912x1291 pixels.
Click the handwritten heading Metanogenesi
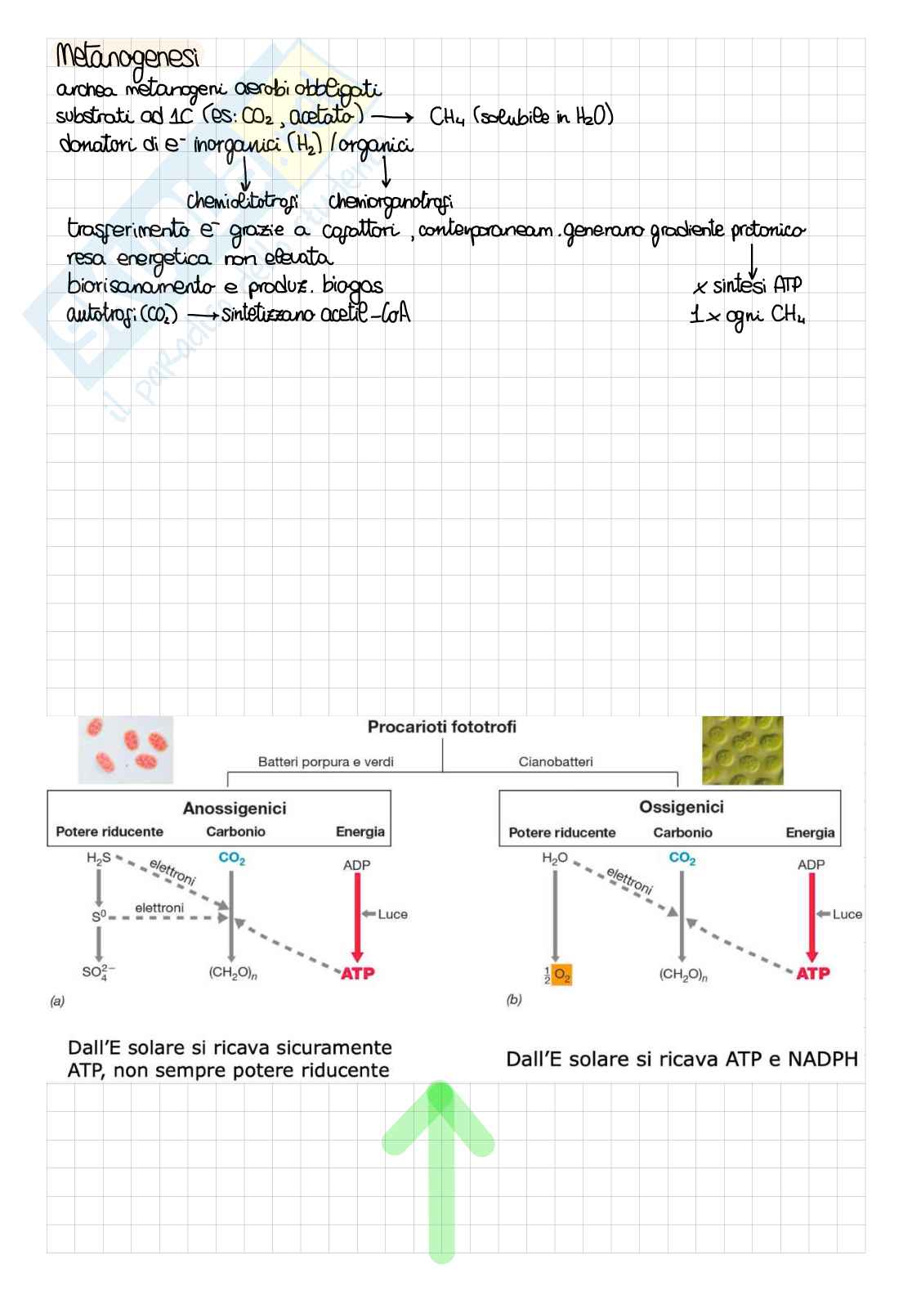127,57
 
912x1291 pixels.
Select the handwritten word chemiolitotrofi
242,201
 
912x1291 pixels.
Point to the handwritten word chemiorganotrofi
390,201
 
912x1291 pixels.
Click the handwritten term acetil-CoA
364,314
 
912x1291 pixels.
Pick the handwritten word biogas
352,286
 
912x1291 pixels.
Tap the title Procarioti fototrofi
441,727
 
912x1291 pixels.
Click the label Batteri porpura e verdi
325,762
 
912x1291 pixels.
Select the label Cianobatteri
556,762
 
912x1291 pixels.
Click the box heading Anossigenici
235,809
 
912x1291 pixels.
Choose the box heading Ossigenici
681,807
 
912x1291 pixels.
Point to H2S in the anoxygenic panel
98,858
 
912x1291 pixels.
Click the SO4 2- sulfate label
98,972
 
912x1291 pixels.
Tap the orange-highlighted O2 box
561,975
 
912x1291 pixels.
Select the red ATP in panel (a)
357,974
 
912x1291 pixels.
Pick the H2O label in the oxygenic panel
554,858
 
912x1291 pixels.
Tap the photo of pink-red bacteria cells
126,749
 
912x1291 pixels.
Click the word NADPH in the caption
823,1060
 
